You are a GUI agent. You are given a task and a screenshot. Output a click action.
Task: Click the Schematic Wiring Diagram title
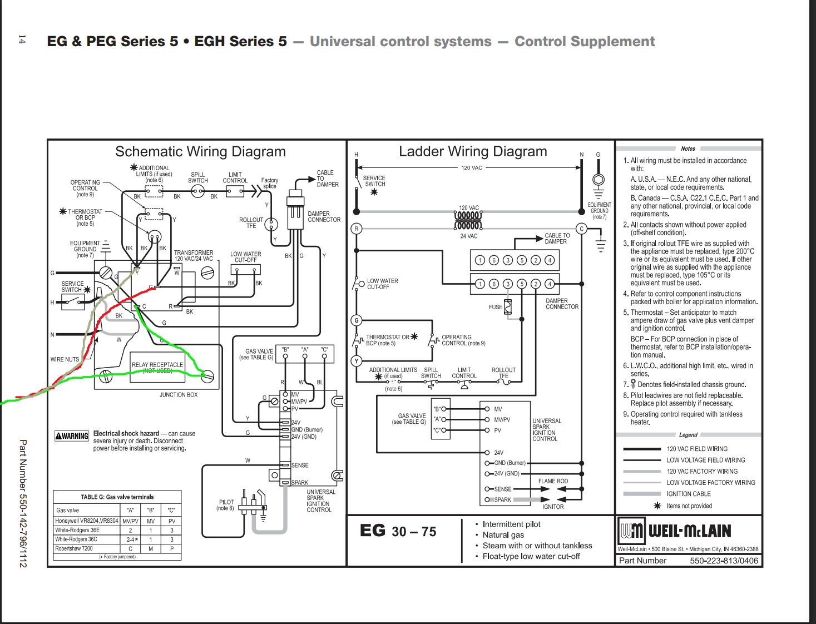click(200, 152)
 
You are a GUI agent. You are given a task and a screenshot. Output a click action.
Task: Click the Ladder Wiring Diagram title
click(473, 152)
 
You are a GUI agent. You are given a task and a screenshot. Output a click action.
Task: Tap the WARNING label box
click(72, 436)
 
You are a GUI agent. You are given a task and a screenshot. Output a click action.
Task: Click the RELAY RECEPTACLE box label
click(157, 365)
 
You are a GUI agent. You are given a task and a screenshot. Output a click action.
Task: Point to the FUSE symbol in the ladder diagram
click(507, 307)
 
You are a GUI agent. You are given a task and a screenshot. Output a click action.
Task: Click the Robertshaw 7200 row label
click(74, 548)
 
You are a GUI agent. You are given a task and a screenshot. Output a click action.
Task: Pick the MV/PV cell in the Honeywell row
click(131, 521)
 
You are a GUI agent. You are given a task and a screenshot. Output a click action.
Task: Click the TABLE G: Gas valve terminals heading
click(117, 497)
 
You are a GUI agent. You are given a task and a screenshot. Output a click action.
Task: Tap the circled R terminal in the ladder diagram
click(357, 229)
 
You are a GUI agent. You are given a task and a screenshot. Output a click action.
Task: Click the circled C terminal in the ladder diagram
click(582, 229)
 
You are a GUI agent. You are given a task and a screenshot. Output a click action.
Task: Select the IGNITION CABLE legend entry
click(689, 494)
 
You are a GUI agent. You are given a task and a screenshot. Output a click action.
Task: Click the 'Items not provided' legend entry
click(689, 506)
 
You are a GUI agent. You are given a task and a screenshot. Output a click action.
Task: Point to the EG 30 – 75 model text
click(398, 531)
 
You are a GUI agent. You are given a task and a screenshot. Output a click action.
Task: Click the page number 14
click(22, 39)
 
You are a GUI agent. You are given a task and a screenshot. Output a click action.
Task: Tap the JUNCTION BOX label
click(179, 395)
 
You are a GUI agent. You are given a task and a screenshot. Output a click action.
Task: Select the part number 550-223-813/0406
click(724, 561)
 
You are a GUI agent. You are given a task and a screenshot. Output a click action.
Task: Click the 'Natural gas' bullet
click(503, 535)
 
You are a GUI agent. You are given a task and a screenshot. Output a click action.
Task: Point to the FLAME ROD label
click(553, 481)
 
